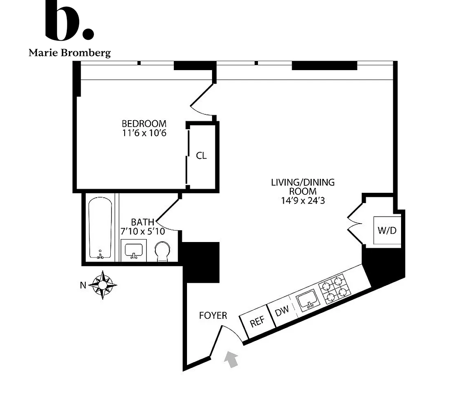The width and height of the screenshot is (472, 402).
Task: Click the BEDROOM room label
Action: coord(144,123)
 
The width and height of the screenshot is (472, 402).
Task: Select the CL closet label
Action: coord(201,156)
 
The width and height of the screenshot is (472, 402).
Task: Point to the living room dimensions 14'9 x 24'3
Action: coord(303,201)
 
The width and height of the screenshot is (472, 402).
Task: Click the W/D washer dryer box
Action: coord(387,231)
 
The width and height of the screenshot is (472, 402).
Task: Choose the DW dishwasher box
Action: coord(282,311)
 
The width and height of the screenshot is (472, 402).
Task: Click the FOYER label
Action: coord(213,315)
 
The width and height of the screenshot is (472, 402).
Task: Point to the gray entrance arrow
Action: coord(232,359)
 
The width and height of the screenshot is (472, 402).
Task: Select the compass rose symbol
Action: coord(103,285)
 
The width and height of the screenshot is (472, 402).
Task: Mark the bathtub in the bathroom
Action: coord(100,228)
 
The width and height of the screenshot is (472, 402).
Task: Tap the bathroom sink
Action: coord(133,251)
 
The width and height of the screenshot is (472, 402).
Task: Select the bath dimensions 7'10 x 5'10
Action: coord(143,231)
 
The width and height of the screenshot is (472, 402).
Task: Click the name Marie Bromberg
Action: coord(69,53)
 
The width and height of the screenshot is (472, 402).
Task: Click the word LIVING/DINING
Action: coord(303,182)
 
